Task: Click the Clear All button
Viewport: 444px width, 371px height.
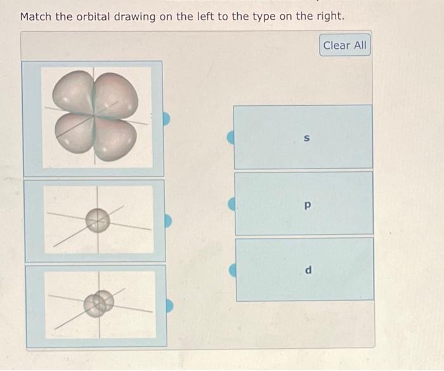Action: (x=344, y=46)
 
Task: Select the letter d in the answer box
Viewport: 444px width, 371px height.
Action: (x=308, y=270)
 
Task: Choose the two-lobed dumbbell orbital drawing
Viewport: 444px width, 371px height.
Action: (x=100, y=303)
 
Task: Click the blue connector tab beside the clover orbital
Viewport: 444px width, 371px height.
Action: (x=167, y=119)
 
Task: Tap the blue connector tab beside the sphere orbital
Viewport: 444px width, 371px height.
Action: (x=167, y=221)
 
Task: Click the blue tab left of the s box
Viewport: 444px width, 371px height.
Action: (x=232, y=136)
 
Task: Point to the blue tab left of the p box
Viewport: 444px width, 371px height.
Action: (x=232, y=204)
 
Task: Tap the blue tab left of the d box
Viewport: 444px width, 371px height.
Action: (x=233, y=270)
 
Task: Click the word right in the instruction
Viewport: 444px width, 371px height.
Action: (x=329, y=16)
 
